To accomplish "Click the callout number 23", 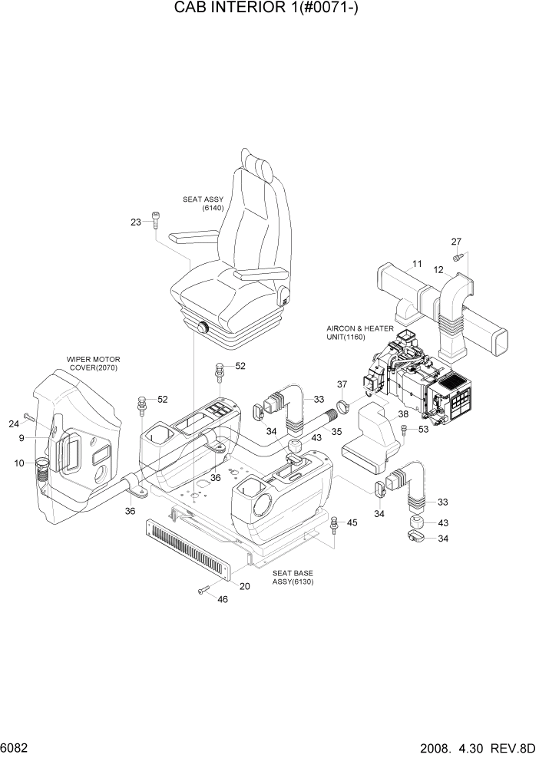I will [136, 222].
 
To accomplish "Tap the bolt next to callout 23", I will [155, 220].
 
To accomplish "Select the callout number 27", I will [455, 242].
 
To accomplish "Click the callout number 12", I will [439, 270].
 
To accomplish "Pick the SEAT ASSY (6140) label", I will [203, 203].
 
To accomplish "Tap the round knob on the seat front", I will [204, 328].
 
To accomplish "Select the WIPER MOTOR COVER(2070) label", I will [94, 363].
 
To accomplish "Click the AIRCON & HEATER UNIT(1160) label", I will [360, 332].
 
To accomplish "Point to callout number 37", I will [342, 384].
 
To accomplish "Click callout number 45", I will [352, 522].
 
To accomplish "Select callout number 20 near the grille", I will [245, 586].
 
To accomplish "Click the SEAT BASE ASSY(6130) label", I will [293, 577].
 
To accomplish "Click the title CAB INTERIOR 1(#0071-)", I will [269, 10].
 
